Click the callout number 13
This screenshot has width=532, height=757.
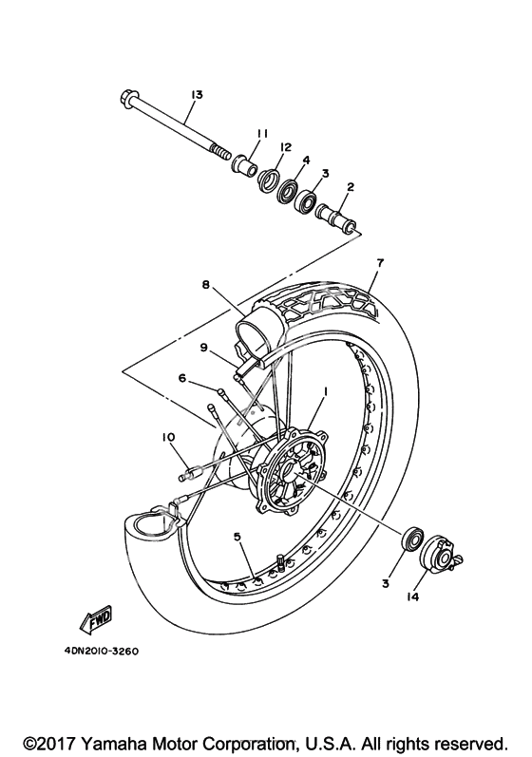pyautogui.click(x=197, y=95)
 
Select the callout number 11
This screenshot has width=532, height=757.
pyautogui.click(x=262, y=134)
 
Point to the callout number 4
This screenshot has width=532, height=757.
pyautogui.click(x=307, y=161)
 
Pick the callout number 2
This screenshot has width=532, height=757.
pyautogui.click(x=351, y=187)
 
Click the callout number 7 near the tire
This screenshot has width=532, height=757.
pyautogui.click(x=380, y=263)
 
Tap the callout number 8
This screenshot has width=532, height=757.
pyautogui.click(x=205, y=285)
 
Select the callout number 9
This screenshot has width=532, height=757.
pyautogui.click(x=203, y=347)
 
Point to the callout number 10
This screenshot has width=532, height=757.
pyautogui.click(x=168, y=438)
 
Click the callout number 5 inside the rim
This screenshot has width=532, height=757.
pyautogui.click(x=237, y=537)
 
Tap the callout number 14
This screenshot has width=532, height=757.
pyautogui.click(x=411, y=597)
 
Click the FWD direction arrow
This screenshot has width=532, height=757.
pyautogui.click(x=97, y=618)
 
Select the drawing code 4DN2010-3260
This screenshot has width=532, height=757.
pyautogui.click(x=101, y=652)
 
